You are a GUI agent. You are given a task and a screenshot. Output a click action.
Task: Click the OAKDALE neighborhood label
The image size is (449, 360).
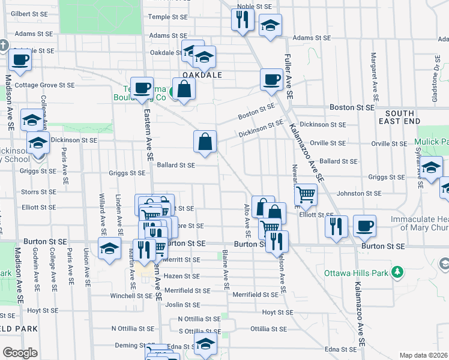202,75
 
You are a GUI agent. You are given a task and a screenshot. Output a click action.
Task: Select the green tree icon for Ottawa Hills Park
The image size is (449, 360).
396,273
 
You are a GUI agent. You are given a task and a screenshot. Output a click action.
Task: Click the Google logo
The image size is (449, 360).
20,353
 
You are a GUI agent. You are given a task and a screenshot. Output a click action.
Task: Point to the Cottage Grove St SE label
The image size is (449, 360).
44,85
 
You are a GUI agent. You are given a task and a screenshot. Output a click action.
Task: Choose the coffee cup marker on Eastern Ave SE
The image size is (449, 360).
142,88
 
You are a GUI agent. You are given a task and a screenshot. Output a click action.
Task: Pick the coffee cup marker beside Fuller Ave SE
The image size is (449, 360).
271,79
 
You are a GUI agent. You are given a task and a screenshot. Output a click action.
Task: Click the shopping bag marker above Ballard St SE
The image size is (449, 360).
205,142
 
